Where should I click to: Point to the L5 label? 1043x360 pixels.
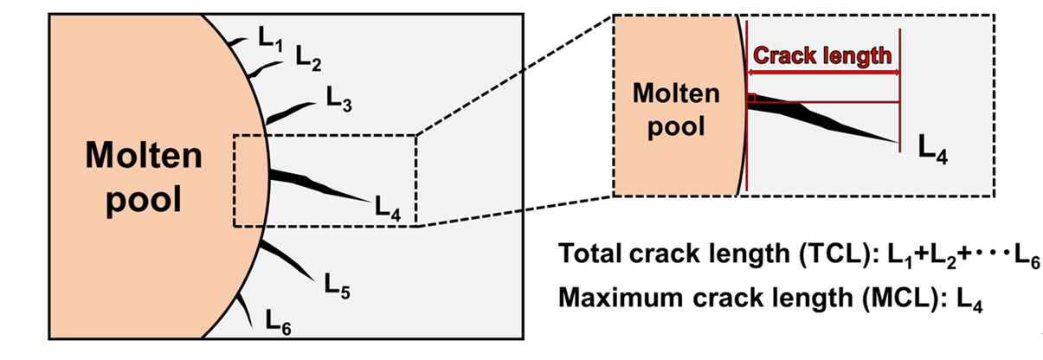pyautogui.click(x=337, y=285)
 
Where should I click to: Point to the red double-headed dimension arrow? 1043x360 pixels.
pyautogui.click(x=823, y=73)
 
